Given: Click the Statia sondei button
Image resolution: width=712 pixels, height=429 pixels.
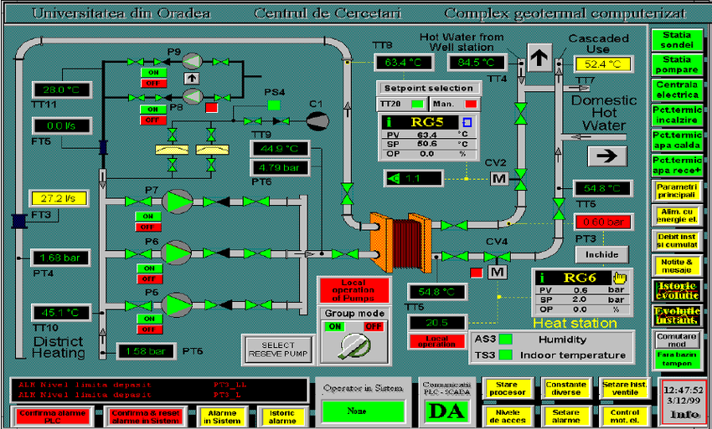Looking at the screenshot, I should point(677,39).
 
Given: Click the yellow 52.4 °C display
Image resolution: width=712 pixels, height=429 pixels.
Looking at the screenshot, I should point(602,64).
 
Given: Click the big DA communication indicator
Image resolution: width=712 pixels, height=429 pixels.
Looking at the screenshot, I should point(446,410).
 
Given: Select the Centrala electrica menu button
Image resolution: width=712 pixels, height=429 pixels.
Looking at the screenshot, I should point(677,89).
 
